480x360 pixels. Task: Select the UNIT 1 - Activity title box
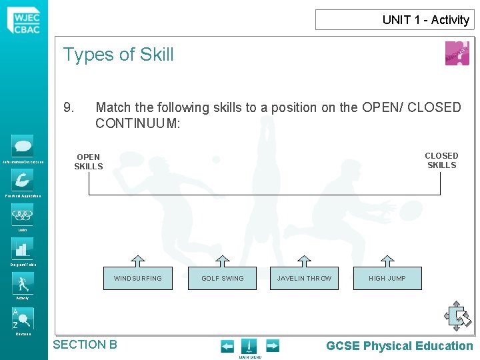tap(395, 20)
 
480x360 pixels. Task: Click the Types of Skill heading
tap(118, 55)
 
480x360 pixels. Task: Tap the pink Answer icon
tap(457, 53)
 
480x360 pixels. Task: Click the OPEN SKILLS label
tap(88, 161)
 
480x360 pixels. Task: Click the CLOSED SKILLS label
tap(441, 160)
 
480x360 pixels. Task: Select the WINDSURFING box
tap(137, 278)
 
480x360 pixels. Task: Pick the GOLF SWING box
tap(223, 278)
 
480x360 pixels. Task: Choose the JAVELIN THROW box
tap(304, 278)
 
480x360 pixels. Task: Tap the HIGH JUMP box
tap(387, 278)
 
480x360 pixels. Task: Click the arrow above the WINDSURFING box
tap(137, 260)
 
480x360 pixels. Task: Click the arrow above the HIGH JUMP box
tap(387, 260)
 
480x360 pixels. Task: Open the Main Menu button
tap(249, 347)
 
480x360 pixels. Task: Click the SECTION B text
tap(85, 345)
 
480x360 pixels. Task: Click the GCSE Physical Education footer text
tap(399, 345)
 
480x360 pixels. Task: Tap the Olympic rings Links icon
tap(23, 214)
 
